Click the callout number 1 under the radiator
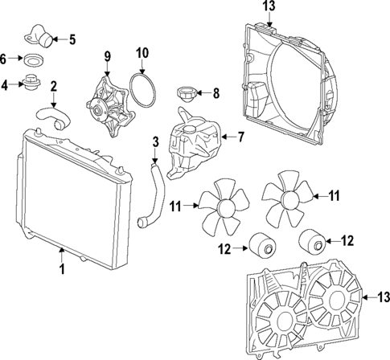coord(61,272)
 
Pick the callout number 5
coord(72,39)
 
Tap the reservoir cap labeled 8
coord(187,94)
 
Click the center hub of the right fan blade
coord(285,194)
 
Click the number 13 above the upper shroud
coord(268,7)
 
